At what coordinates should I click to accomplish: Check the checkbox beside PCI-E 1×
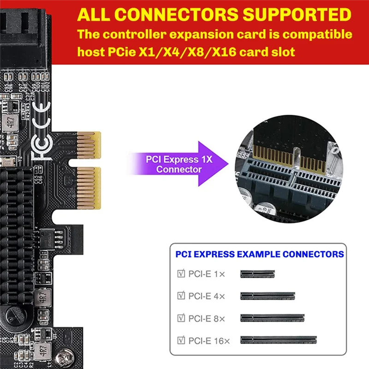pos(181,274)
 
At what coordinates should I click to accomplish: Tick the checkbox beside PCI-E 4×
pos(181,296)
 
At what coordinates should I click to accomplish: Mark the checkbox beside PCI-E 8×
pos(181,317)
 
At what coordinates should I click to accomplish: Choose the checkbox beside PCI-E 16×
pos(181,340)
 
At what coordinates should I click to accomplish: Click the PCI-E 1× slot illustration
pos(257,274)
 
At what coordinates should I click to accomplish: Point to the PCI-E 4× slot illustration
pos(268,296)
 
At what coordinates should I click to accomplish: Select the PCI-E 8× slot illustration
pos(273,317)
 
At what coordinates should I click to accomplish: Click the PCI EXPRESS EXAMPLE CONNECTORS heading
pos(260,254)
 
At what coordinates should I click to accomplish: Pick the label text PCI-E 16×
pos(209,341)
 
